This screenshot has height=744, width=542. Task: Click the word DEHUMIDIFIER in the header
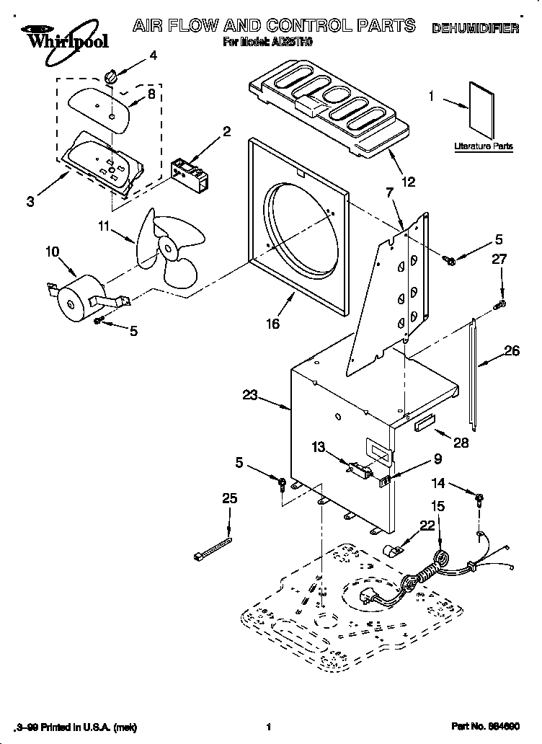coord(475,29)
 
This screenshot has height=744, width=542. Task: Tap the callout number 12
coord(408,182)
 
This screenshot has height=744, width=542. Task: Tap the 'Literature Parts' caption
coord(484,146)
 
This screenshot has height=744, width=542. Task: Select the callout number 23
coord(249,394)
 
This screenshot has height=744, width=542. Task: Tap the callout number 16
coord(272,324)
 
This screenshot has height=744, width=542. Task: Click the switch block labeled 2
coord(189,174)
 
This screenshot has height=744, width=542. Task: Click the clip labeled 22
coord(395,553)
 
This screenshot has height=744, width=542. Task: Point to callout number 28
coord(461,443)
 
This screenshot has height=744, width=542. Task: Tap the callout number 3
coord(30,202)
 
